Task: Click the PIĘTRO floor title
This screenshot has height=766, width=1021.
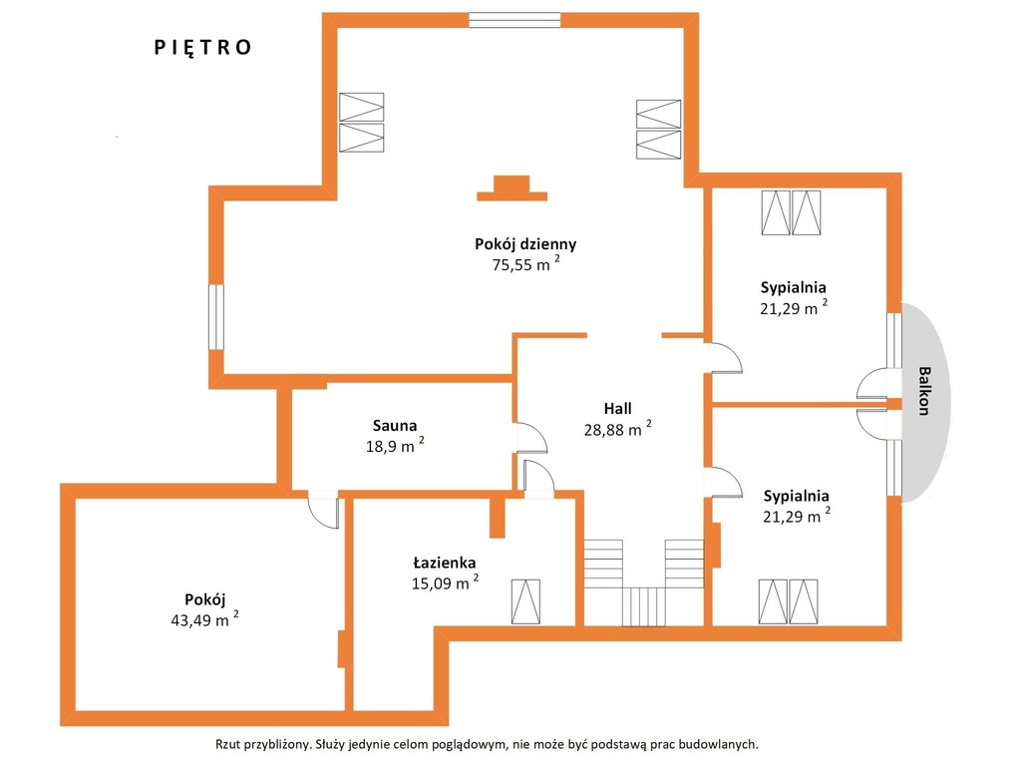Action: [202, 48]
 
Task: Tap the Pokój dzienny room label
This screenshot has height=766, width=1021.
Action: [525, 244]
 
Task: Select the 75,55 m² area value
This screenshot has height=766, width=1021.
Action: [525, 263]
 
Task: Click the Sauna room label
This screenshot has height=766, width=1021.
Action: [395, 426]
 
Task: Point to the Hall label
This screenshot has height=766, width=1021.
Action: [617, 408]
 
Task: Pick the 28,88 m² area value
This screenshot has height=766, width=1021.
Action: [617, 429]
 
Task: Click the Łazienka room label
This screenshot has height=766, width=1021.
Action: [445, 563]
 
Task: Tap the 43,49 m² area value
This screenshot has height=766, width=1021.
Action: [204, 618]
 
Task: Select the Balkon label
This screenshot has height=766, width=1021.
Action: [924, 391]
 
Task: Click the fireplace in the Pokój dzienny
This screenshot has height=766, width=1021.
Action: [511, 189]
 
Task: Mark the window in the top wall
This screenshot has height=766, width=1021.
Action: [514, 20]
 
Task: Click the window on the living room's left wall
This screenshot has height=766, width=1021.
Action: [215, 316]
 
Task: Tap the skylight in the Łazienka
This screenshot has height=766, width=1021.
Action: [525, 601]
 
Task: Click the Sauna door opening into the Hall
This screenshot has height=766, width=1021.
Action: [531, 439]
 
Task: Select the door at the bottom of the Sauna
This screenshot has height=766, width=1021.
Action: [324, 510]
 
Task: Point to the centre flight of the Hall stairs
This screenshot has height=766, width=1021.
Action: [643, 606]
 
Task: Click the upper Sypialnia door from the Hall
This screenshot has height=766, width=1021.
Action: [724, 358]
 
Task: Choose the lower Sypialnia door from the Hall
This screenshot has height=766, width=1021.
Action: [724, 483]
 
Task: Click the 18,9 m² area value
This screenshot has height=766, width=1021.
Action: [395, 446]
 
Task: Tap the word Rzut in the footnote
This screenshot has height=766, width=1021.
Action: [228, 744]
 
